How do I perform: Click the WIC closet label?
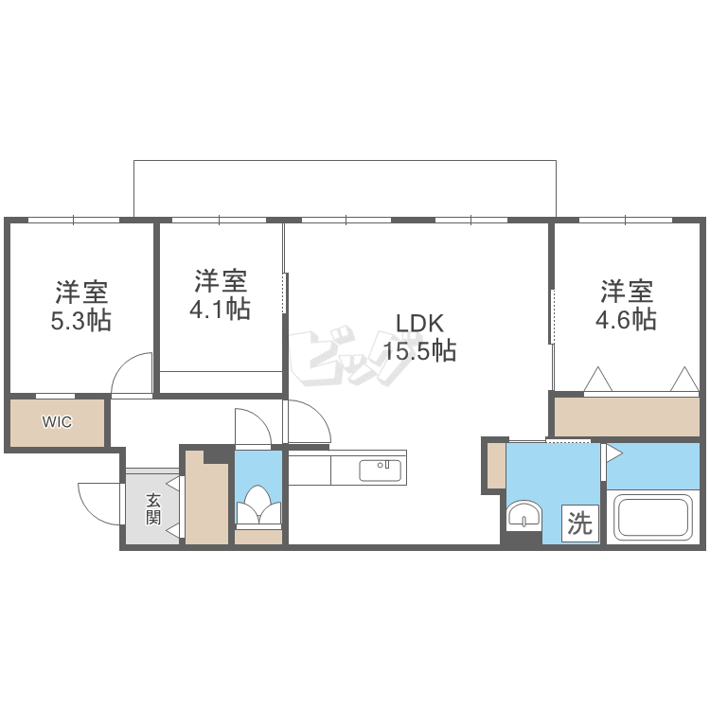click(x=57, y=422)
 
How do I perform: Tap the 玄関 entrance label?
click(x=153, y=509)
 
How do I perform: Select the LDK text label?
click(x=420, y=324)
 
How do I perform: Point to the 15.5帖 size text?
click(x=419, y=351)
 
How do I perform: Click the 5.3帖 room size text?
click(x=81, y=321)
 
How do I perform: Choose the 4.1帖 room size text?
click(x=220, y=310)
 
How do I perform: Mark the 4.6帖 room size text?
click(x=627, y=320)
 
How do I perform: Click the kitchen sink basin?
click(x=380, y=470)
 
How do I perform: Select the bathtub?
click(x=652, y=518)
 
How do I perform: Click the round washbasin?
click(x=524, y=515)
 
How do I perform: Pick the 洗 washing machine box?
click(x=580, y=523)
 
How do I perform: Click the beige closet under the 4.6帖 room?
click(x=627, y=417)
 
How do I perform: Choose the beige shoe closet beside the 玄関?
click(x=206, y=498)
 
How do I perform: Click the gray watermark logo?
click(x=348, y=355)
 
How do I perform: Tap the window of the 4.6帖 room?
click(x=626, y=220)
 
